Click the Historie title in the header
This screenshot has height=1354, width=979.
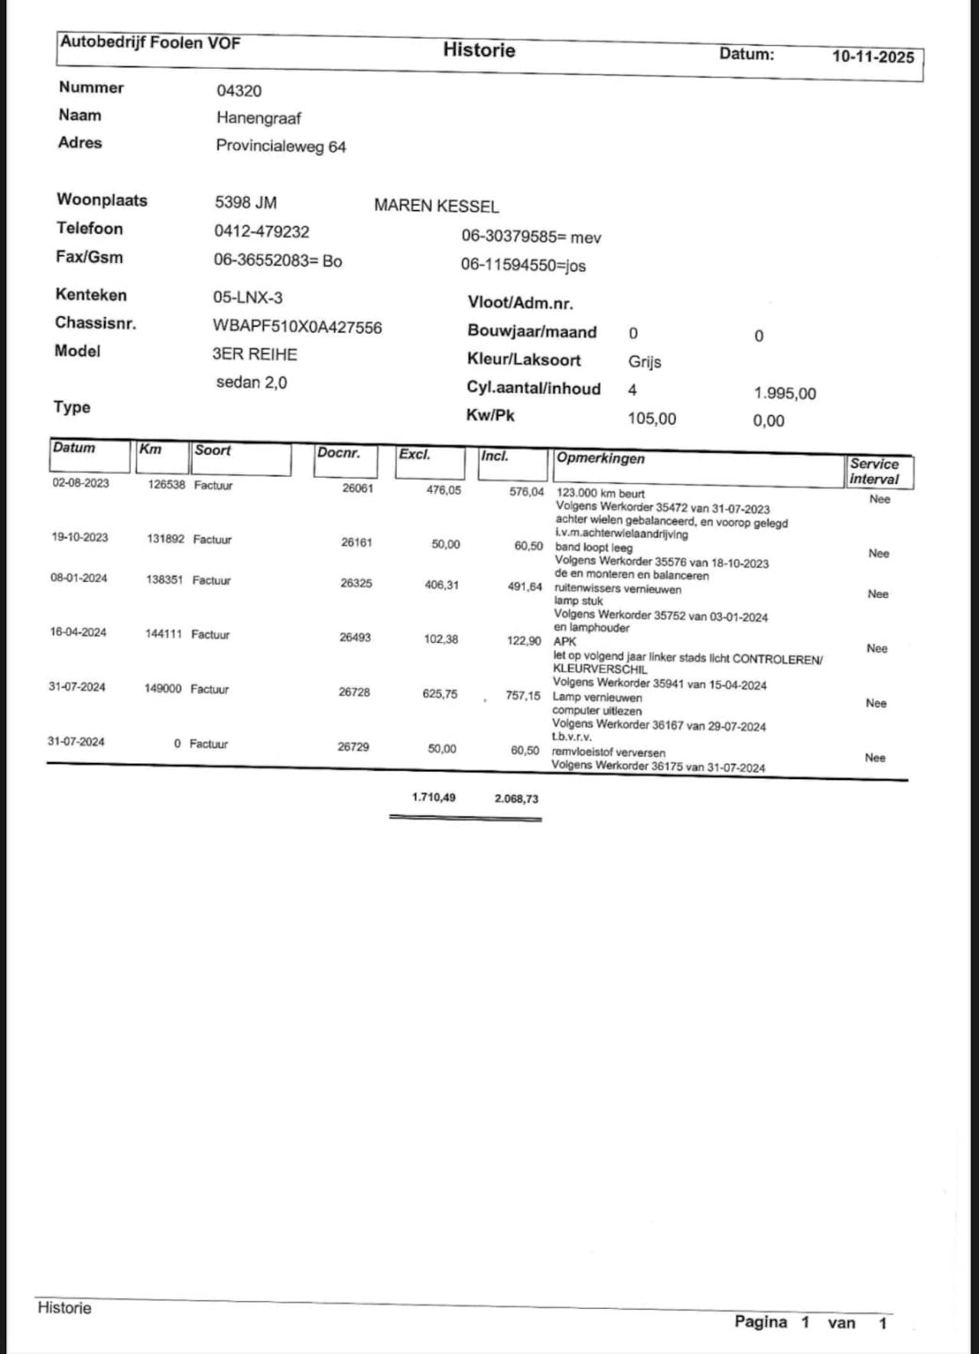tap(479, 50)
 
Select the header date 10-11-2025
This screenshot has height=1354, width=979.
tap(873, 57)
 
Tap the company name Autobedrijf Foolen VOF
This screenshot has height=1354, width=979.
tap(150, 42)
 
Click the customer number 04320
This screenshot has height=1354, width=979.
tap(239, 91)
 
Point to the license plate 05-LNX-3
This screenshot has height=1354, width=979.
tap(248, 297)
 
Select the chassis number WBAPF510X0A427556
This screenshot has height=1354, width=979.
tap(298, 327)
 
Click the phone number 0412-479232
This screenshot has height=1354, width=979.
tap(262, 232)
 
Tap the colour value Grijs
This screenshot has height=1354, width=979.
tap(645, 362)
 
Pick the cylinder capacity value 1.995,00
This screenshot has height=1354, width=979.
tap(785, 394)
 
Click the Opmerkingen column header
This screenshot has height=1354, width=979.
tap(600, 459)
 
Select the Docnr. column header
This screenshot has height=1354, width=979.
tap(338, 453)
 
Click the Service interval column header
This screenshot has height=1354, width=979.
tap(874, 472)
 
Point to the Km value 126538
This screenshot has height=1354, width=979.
tap(166, 485)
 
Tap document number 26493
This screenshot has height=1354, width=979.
tap(355, 637)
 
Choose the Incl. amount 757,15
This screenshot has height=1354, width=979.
tap(522, 696)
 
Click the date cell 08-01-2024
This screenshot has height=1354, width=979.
tap(79, 578)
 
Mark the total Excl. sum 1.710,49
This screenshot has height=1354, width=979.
tap(434, 797)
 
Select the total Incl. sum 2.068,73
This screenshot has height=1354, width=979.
tap(516, 799)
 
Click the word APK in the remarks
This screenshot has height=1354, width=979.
tap(564, 641)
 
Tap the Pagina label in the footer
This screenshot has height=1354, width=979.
tap(760, 1322)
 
